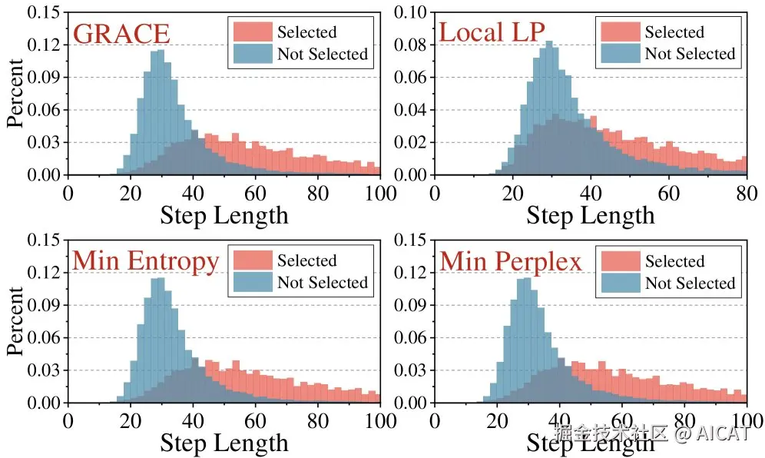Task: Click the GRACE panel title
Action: [121, 35]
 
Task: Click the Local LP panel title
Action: [492, 33]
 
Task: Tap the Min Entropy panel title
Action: [146, 261]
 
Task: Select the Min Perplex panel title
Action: [511, 261]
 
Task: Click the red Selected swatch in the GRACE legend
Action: [250, 32]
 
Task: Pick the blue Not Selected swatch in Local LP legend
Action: [618, 54]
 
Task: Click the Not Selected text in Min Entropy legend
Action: [323, 283]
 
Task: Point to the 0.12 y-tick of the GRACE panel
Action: [42, 45]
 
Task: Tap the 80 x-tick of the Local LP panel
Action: [746, 192]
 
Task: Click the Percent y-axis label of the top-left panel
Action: [16, 93]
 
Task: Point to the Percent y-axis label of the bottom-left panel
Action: [16, 321]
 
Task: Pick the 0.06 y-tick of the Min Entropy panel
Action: [42, 338]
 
